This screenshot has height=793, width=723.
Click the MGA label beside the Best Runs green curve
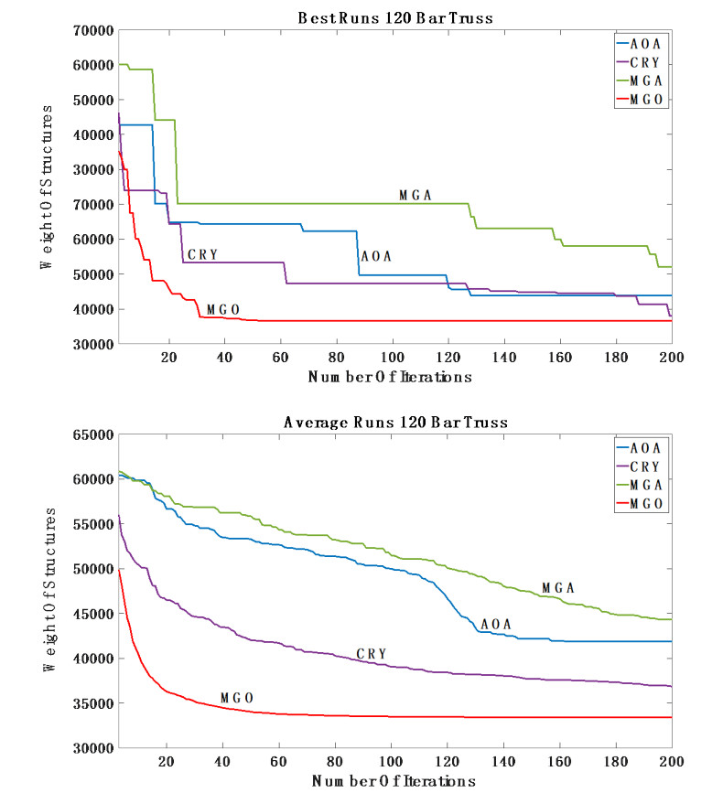415,195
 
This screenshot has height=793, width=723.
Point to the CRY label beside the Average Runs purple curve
372,653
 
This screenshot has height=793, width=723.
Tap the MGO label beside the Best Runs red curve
223,309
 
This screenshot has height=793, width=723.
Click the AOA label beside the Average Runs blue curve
495,624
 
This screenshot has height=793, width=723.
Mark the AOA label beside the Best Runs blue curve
376,256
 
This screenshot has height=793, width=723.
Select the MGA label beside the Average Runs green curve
557,587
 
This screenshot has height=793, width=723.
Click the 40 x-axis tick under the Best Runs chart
223,357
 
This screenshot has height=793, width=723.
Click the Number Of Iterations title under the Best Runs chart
392,376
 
